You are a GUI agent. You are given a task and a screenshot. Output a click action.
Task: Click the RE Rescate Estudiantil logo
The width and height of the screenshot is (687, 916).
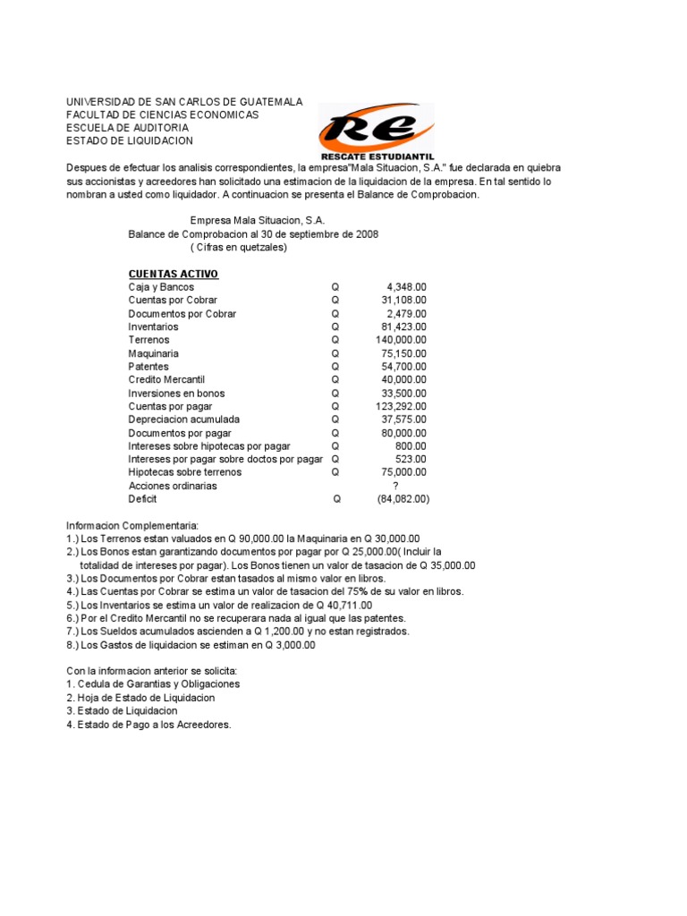[x=376, y=131]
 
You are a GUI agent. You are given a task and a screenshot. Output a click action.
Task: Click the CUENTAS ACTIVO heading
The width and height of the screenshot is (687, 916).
[x=174, y=274]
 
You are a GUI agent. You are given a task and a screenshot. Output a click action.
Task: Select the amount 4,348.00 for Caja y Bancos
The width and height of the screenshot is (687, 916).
[x=406, y=287]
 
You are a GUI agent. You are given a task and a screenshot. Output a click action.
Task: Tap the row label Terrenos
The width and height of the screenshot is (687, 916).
[x=148, y=340]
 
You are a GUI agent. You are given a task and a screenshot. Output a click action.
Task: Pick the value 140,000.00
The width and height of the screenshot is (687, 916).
[x=401, y=340]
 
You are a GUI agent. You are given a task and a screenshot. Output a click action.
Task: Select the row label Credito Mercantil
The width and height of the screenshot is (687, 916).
[x=168, y=380]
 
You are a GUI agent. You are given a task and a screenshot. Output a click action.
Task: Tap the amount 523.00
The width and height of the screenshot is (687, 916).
[x=411, y=459]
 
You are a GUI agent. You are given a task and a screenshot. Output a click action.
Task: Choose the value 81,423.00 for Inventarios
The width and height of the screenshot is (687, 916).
[x=403, y=327]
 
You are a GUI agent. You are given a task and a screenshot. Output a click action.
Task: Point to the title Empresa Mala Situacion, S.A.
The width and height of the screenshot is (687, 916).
[x=259, y=220]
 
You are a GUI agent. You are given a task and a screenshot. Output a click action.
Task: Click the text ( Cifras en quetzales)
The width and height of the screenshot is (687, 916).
[x=239, y=248]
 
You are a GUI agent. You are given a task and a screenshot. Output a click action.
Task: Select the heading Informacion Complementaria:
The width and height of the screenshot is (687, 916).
[x=131, y=525]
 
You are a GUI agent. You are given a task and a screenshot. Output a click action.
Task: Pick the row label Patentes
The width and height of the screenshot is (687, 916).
[x=148, y=367]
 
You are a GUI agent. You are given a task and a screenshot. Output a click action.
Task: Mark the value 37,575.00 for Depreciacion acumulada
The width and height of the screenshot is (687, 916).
[x=403, y=420]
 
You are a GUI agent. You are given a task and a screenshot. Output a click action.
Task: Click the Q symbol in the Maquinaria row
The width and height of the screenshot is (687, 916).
[x=335, y=353]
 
